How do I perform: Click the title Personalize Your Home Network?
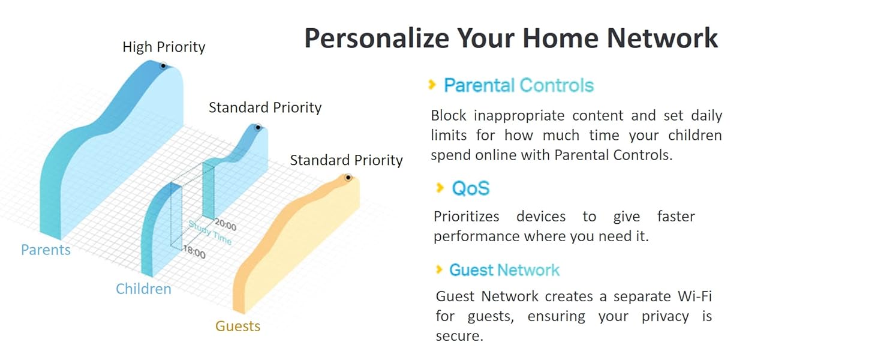(511, 38)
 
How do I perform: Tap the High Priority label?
(164, 47)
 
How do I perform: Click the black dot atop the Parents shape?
(163, 66)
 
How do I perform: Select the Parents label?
(46, 250)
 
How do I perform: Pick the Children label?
(143, 289)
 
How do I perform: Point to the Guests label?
(237, 326)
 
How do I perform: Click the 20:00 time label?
(225, 226)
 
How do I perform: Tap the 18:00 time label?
(194, 252)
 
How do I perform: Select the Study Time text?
(210, 233)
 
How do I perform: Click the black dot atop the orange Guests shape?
(348, 178)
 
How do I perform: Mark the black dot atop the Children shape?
(258, 127)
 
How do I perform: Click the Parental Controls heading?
(519, 85)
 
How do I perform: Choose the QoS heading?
(471, 188)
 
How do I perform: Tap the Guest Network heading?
(504, 270)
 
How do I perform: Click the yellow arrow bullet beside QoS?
(440, 188)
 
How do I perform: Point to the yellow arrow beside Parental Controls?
(432, 85)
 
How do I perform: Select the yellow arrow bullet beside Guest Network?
(440, 269)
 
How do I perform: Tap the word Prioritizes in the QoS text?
(467, 217)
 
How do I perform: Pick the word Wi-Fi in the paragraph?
(695, 296)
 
